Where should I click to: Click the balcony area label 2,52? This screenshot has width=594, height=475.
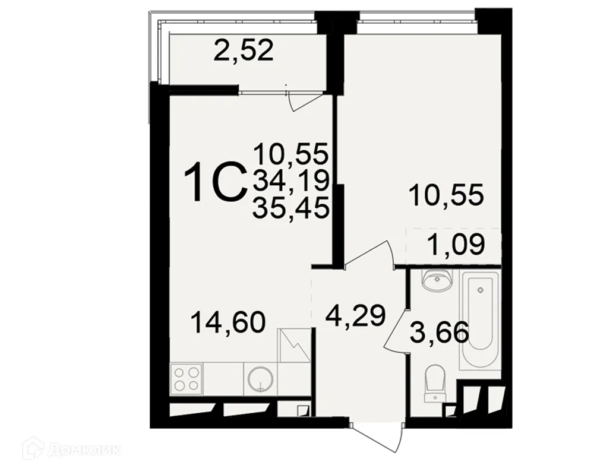click(x=244, y=51)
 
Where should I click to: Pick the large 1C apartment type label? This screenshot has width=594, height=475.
click(x=214, y=183)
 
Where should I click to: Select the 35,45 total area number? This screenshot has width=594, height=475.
click(x=291, y=208)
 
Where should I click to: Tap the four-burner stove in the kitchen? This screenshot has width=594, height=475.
click(x=186, y=379)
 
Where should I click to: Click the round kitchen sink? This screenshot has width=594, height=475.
click(x=260, y=378)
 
